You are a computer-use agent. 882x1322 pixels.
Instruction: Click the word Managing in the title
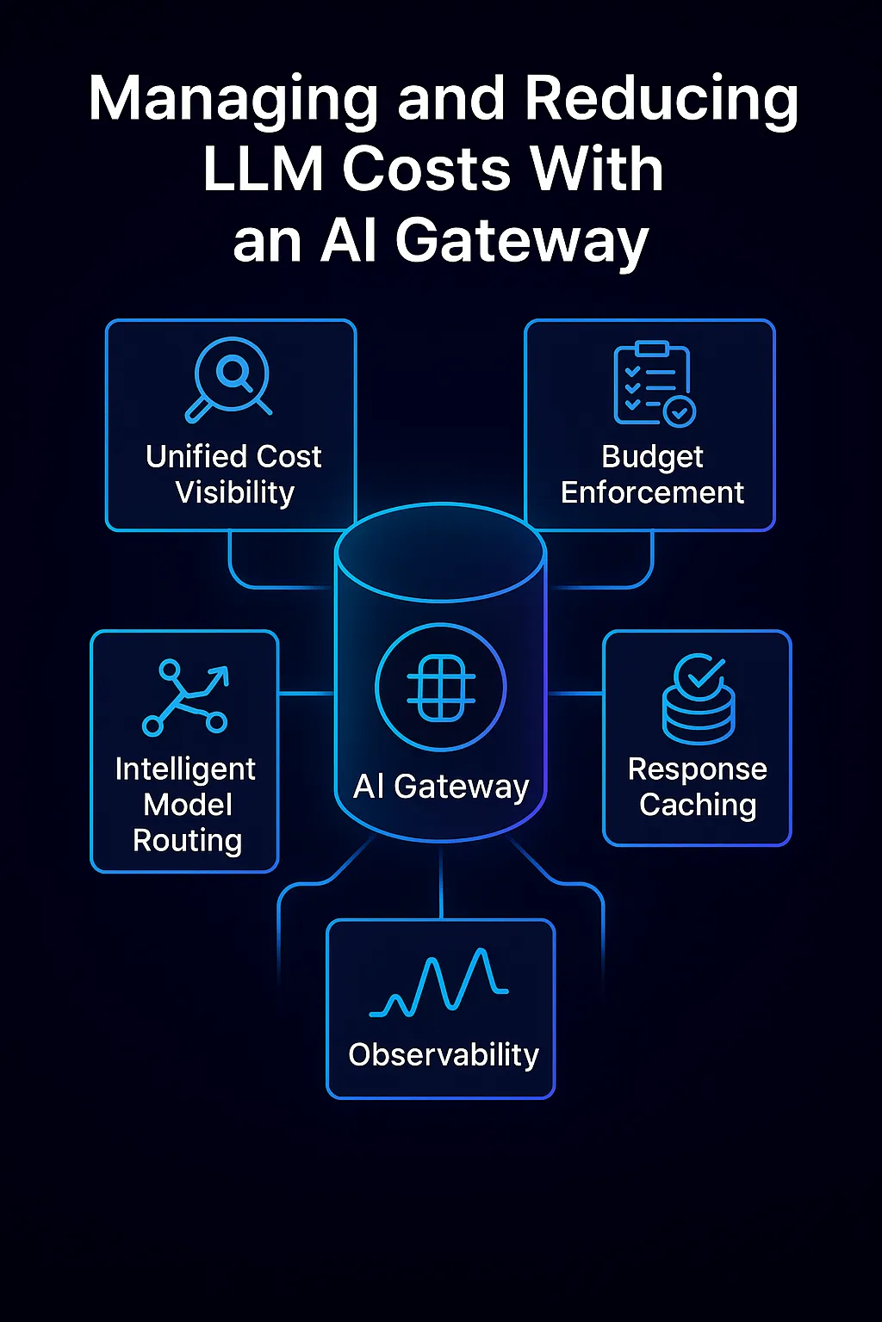coord(233,100)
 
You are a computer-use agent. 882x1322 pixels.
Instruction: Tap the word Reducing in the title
coord(661,100)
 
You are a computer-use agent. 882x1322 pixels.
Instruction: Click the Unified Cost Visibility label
coord(233,474)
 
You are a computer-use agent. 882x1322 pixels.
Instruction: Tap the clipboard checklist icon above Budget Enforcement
coord(653,384)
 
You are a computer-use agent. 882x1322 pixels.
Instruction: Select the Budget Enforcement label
coord(652,474)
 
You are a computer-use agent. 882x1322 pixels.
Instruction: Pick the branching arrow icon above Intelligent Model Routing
coord(185,697)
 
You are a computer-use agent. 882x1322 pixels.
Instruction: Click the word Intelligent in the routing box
coord(185,769)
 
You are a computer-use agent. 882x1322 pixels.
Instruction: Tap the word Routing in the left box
coord(187,840)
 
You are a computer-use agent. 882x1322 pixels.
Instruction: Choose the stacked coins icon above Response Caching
coord(699,699)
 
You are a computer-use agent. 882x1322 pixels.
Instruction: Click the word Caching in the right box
coord(698,805)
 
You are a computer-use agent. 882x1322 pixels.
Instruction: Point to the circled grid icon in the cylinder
coord(441,688)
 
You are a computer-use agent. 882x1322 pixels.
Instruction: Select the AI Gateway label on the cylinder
coord(441,787)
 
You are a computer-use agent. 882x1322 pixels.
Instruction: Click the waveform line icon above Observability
coord(439,984)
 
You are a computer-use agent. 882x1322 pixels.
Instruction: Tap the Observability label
coord(443,1055)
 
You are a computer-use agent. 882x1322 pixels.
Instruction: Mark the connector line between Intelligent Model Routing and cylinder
coord(307,693)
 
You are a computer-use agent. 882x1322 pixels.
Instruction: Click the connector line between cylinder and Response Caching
coord(575,693)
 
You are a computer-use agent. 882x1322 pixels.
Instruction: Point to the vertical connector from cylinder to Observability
coord(441,882)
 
